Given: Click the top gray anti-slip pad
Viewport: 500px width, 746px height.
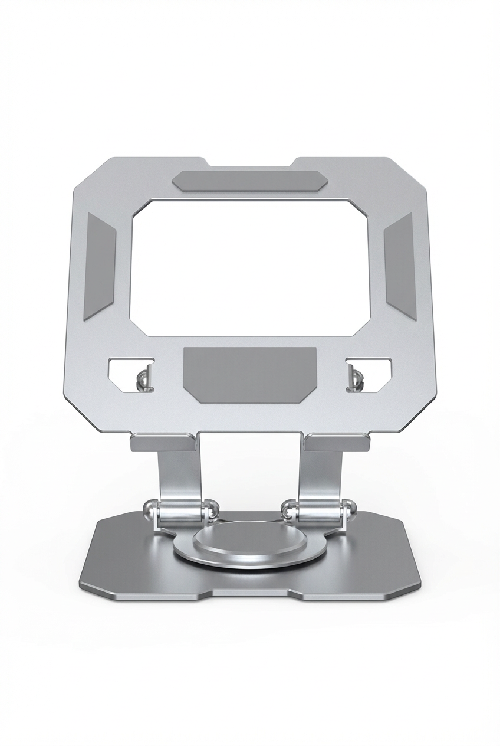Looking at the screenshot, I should pos(250,181).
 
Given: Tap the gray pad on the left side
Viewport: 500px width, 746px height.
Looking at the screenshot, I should pos(100,266).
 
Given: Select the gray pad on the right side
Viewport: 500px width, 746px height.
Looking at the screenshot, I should pos(400,266).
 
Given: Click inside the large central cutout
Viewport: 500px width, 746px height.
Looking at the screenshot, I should pos(250,267).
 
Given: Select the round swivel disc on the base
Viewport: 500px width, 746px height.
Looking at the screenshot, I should pos(250,540).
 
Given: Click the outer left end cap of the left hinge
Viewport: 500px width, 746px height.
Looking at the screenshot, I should pos(150,508).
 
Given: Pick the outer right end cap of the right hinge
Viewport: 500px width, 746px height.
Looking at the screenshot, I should pos(350,508).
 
